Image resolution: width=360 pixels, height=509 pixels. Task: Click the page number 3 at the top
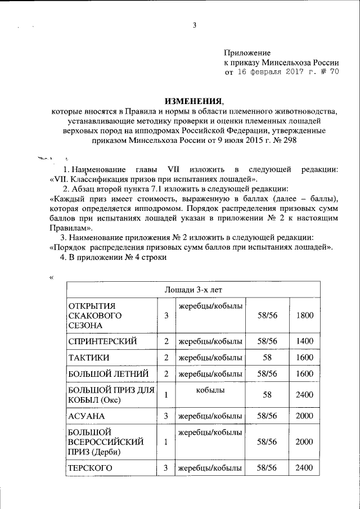point(194,25)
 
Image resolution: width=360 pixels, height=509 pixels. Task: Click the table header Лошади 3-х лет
point(193,290)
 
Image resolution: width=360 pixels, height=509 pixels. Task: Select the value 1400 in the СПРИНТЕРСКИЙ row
point(304,341)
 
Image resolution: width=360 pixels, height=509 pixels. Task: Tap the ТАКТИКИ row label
point(89,357)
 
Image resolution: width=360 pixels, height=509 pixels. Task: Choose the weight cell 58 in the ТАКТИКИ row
point(267,357)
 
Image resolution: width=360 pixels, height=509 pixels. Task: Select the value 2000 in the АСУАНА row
point(304,416)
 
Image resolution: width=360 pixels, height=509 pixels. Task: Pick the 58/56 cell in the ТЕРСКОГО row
point(267,468)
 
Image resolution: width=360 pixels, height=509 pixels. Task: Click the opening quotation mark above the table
point(51,277)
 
